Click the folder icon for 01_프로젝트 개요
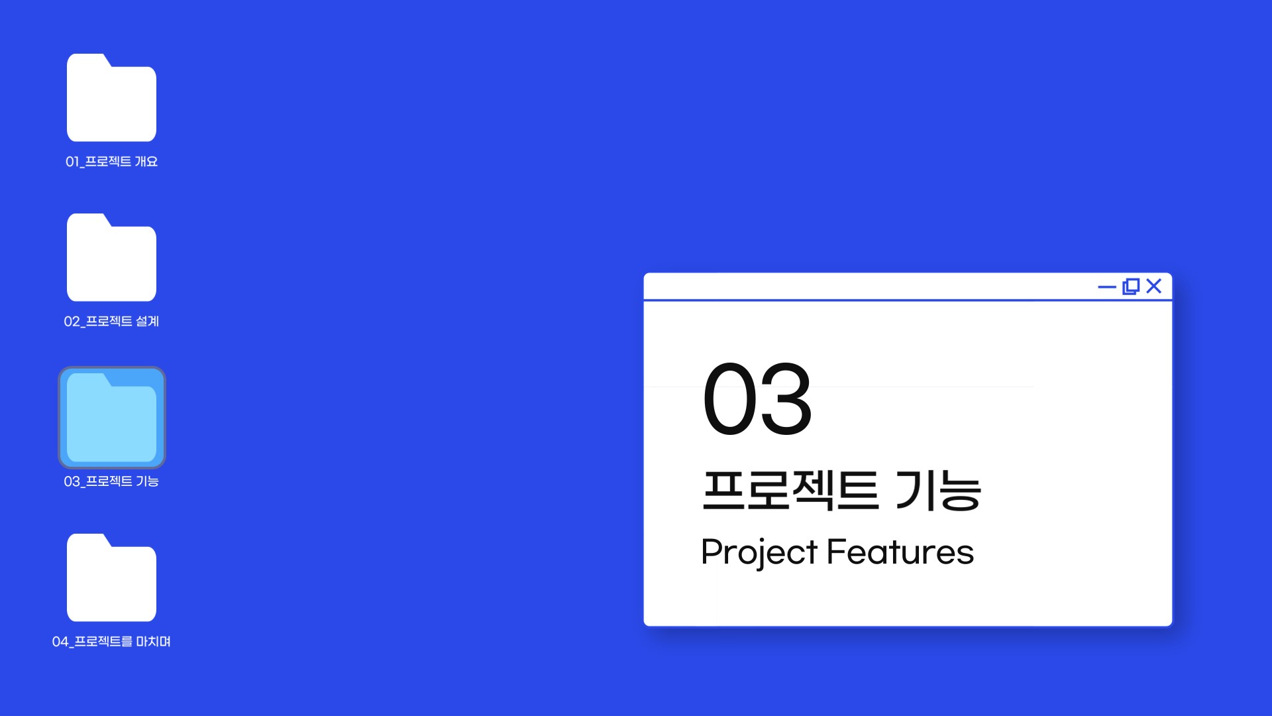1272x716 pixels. (111, 97)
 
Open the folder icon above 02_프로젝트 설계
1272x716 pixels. (111, 257)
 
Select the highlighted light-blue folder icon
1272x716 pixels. (111, 418)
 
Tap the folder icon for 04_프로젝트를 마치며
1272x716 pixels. (111, 577)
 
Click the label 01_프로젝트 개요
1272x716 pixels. (111, 162)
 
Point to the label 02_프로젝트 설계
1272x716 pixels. (111, 322)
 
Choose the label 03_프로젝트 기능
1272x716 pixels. (111, 481)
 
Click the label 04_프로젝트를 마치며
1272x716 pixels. (111, 641)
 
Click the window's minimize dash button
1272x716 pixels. (1107, 287)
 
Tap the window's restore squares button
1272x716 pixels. (1131, 286)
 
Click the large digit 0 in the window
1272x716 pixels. (728, 399)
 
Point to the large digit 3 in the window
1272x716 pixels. (785, 399)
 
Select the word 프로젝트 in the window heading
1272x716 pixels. (790, 490)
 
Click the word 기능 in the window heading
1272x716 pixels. (938, 490)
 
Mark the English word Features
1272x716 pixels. (900, 552)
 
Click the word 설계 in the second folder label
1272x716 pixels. (147, 322)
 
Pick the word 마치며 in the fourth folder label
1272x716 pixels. (154, 641)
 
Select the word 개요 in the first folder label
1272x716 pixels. (146, 162)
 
